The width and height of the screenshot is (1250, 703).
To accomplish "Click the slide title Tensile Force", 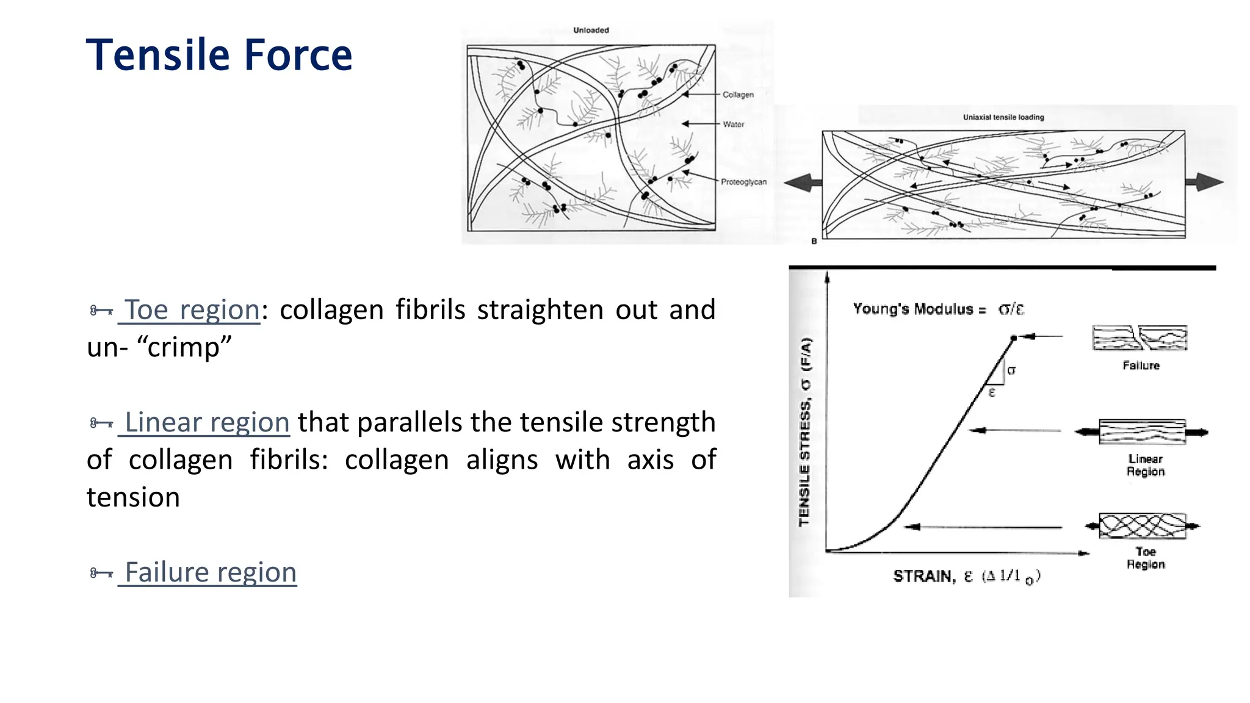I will pyautogui.click(x=219, y=56).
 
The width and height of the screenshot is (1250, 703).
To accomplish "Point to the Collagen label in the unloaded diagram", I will pyautogui.click(x=738, y=95).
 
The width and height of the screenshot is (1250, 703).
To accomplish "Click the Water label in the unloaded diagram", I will pyautogui.click(x=733, y=124).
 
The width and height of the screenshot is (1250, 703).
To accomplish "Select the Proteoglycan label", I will pyautogui.click(x=743, y=182).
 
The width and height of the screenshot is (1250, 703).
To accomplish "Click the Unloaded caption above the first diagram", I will pyautogui.click(x=591, y=30).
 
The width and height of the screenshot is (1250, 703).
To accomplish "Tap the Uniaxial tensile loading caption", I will pyautogui.click(x=1003, y=117).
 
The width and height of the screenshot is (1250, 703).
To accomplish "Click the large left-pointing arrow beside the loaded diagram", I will pyautogui.click(x=802, y=182).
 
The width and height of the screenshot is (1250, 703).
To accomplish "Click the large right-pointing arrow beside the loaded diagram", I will pyautogui.click(x=1204, y=182).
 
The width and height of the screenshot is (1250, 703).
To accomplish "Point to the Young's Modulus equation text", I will pyautogui.click(x=937, y=309).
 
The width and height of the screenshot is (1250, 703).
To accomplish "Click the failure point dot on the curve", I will pyautogui.click(x=1014, y=337).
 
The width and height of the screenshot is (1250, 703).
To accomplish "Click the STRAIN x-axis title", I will pyautogui.click(x=966, y=576).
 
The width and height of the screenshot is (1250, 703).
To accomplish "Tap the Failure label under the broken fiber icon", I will pyautogui.click(x=1141, y=366).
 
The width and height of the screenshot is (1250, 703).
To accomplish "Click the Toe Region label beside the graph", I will pyautogui.click(x=1146, y=558).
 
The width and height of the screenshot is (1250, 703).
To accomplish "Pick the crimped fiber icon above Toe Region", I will pyautogui.click(x=1142, y=526).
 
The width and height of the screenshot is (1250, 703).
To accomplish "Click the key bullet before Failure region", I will pyautogui.click(x=101, y=573).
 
